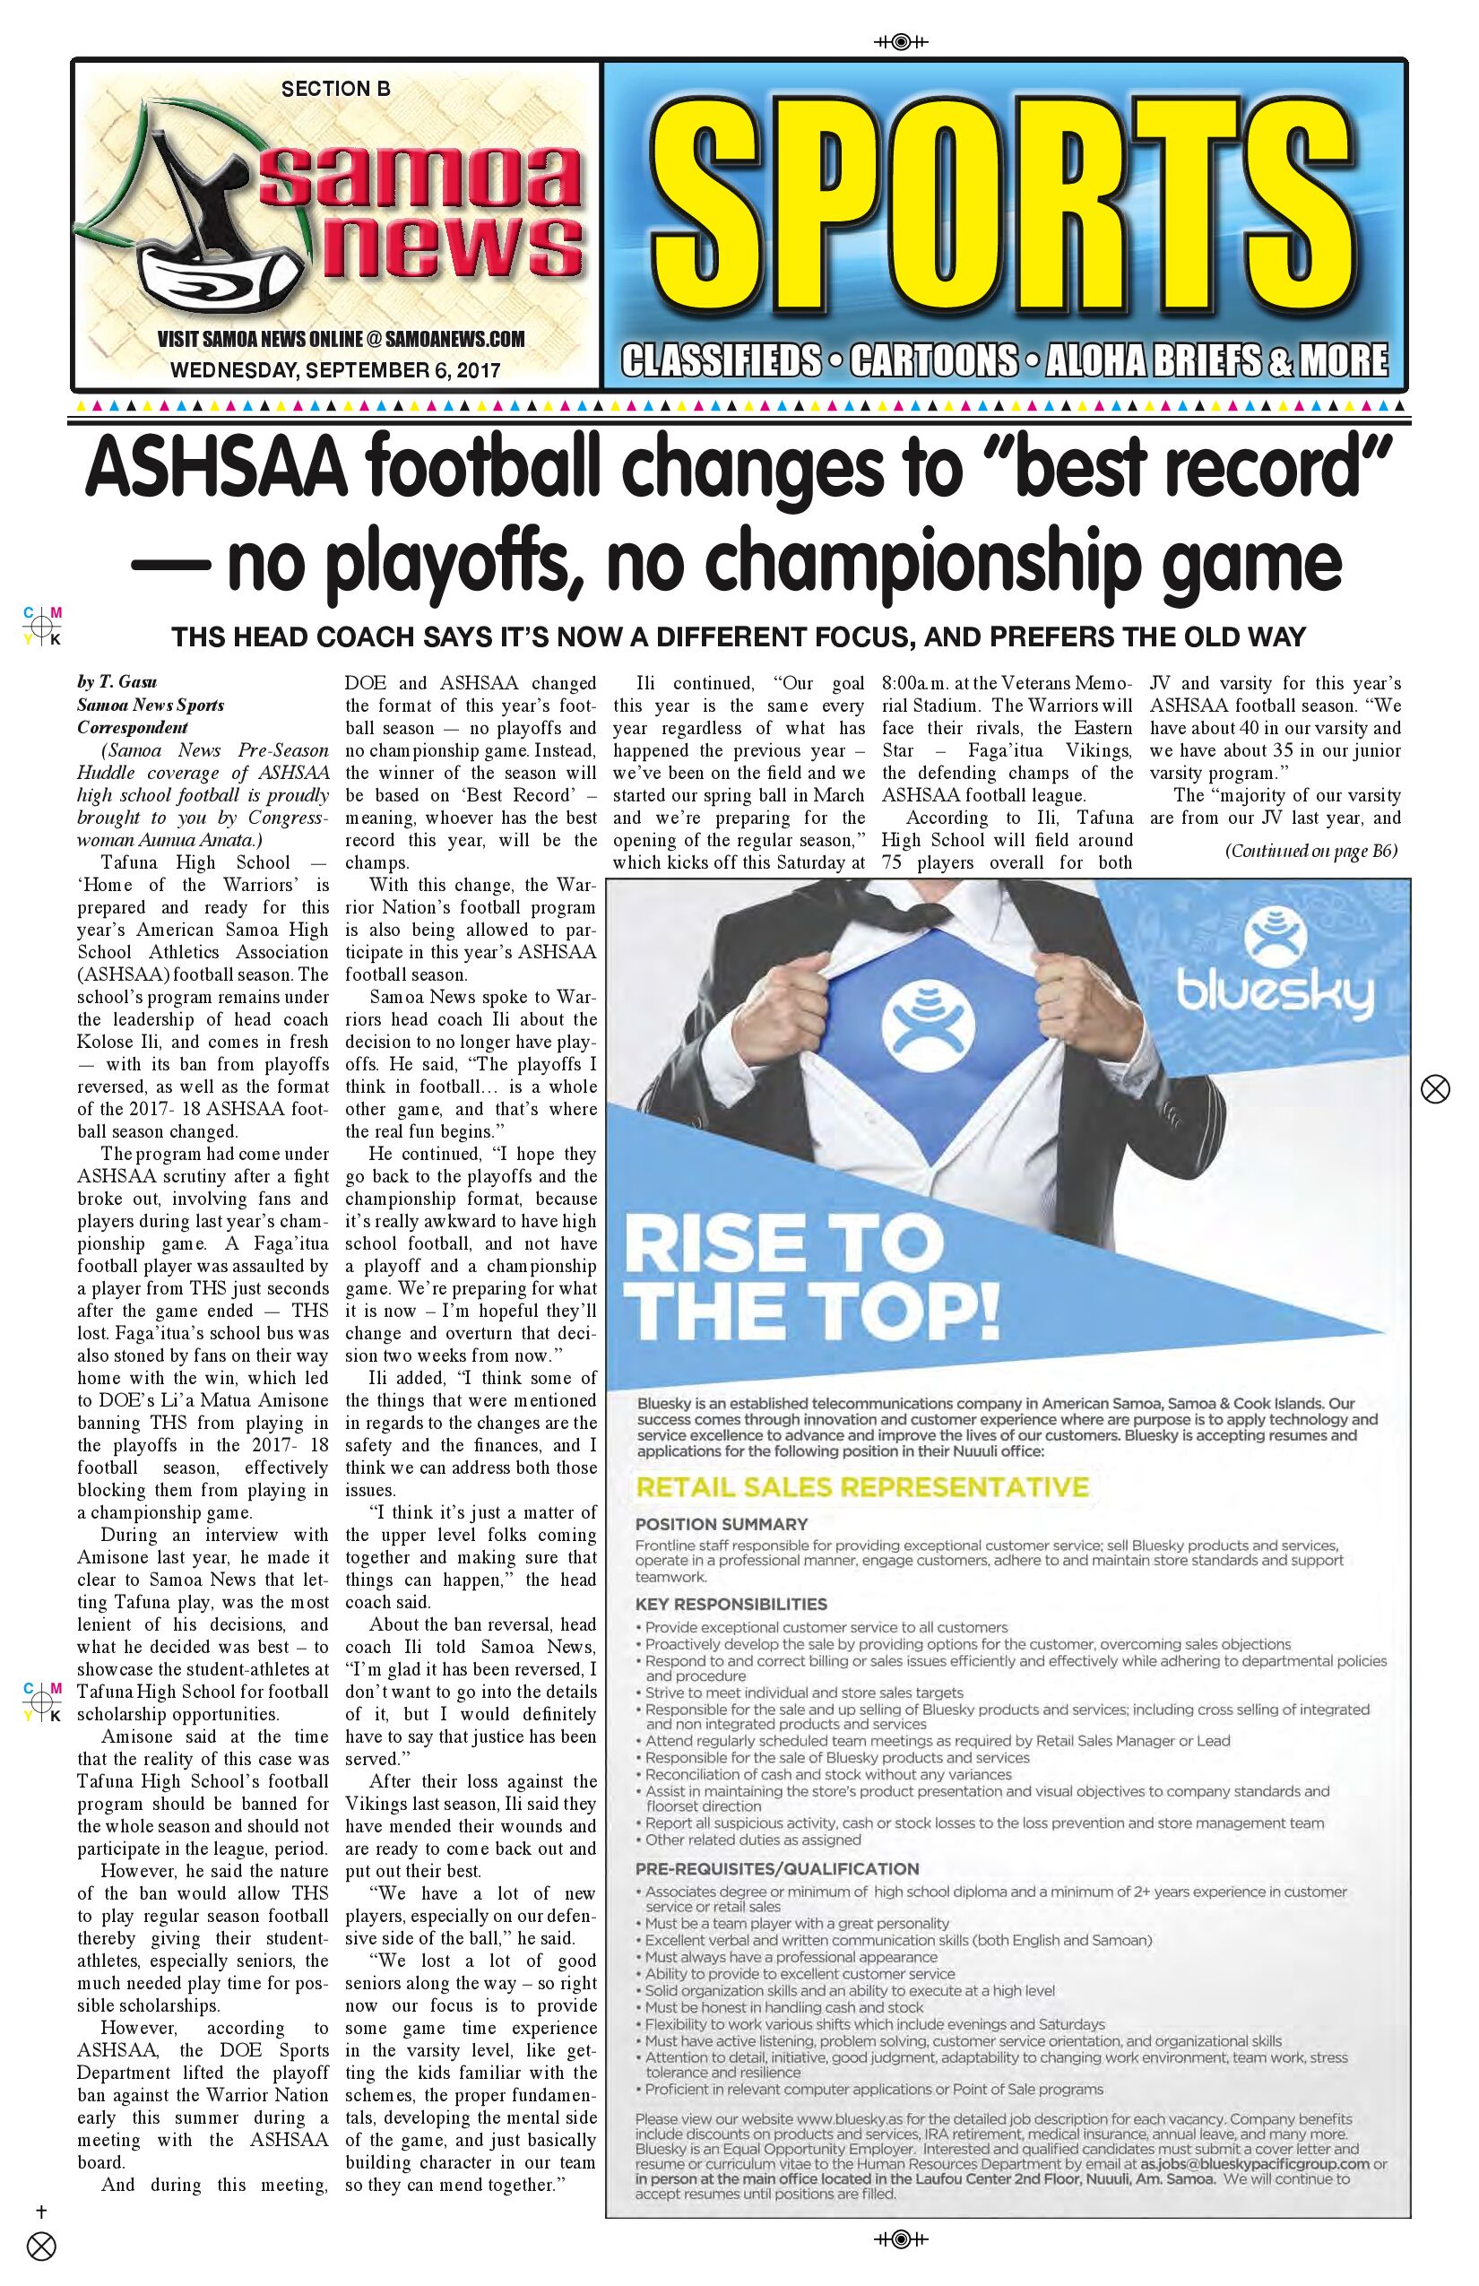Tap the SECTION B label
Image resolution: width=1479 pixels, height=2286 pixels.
pos(335,90)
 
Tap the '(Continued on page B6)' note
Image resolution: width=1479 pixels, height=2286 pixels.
pos(1310,851)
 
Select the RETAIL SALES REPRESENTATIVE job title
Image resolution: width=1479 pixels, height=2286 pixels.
pos(861,1488)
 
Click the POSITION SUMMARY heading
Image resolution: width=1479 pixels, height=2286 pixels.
pos(722,1524)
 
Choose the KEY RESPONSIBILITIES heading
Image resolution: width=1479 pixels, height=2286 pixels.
pos(731,1603)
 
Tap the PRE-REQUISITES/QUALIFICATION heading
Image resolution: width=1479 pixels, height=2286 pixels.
pos(777,1869)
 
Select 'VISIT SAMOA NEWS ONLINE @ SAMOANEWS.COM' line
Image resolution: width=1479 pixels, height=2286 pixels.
pos(341,339)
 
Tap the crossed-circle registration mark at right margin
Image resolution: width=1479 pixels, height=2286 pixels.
pos(1435,1089)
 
